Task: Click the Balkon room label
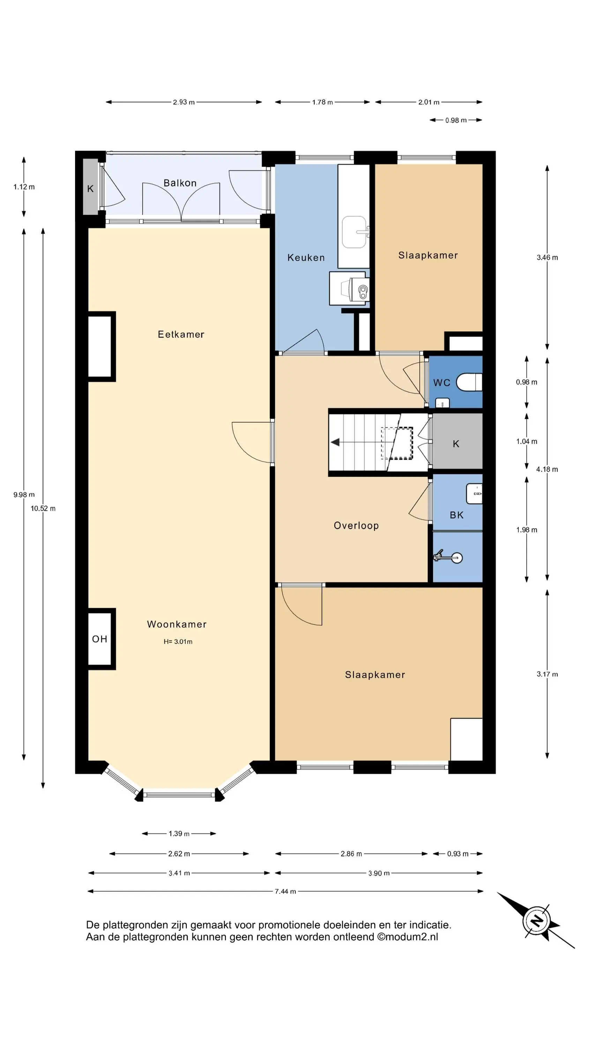180,183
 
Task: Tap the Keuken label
306,257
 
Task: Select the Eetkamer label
181,334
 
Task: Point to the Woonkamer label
177,624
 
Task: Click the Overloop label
356,526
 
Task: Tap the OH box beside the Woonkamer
100,639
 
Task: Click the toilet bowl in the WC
469,383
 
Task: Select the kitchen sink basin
354,232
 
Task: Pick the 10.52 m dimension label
43,509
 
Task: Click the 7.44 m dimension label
285,891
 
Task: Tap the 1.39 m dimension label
179,834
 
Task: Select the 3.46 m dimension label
547,257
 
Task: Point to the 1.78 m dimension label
322,102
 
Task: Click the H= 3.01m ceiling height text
178,642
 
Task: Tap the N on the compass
537,920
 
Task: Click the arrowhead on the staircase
335,442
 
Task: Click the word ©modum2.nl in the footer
408,937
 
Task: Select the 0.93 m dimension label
458,854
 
